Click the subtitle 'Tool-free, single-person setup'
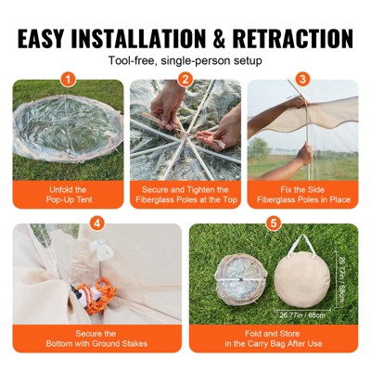pos(185,61)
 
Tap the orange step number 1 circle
pos(67,80)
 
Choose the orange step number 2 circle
pos(185,80)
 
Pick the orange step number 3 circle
pos(302,80)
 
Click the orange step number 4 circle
pos(97,224)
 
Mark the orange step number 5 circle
pos(273,224)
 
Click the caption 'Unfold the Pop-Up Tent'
pos(67,195)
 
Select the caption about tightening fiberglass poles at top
pos(185,195)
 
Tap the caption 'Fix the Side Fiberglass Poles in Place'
pos(302,195)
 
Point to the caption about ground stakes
pos(97,339)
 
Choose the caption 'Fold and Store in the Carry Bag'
pos(273,339)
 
